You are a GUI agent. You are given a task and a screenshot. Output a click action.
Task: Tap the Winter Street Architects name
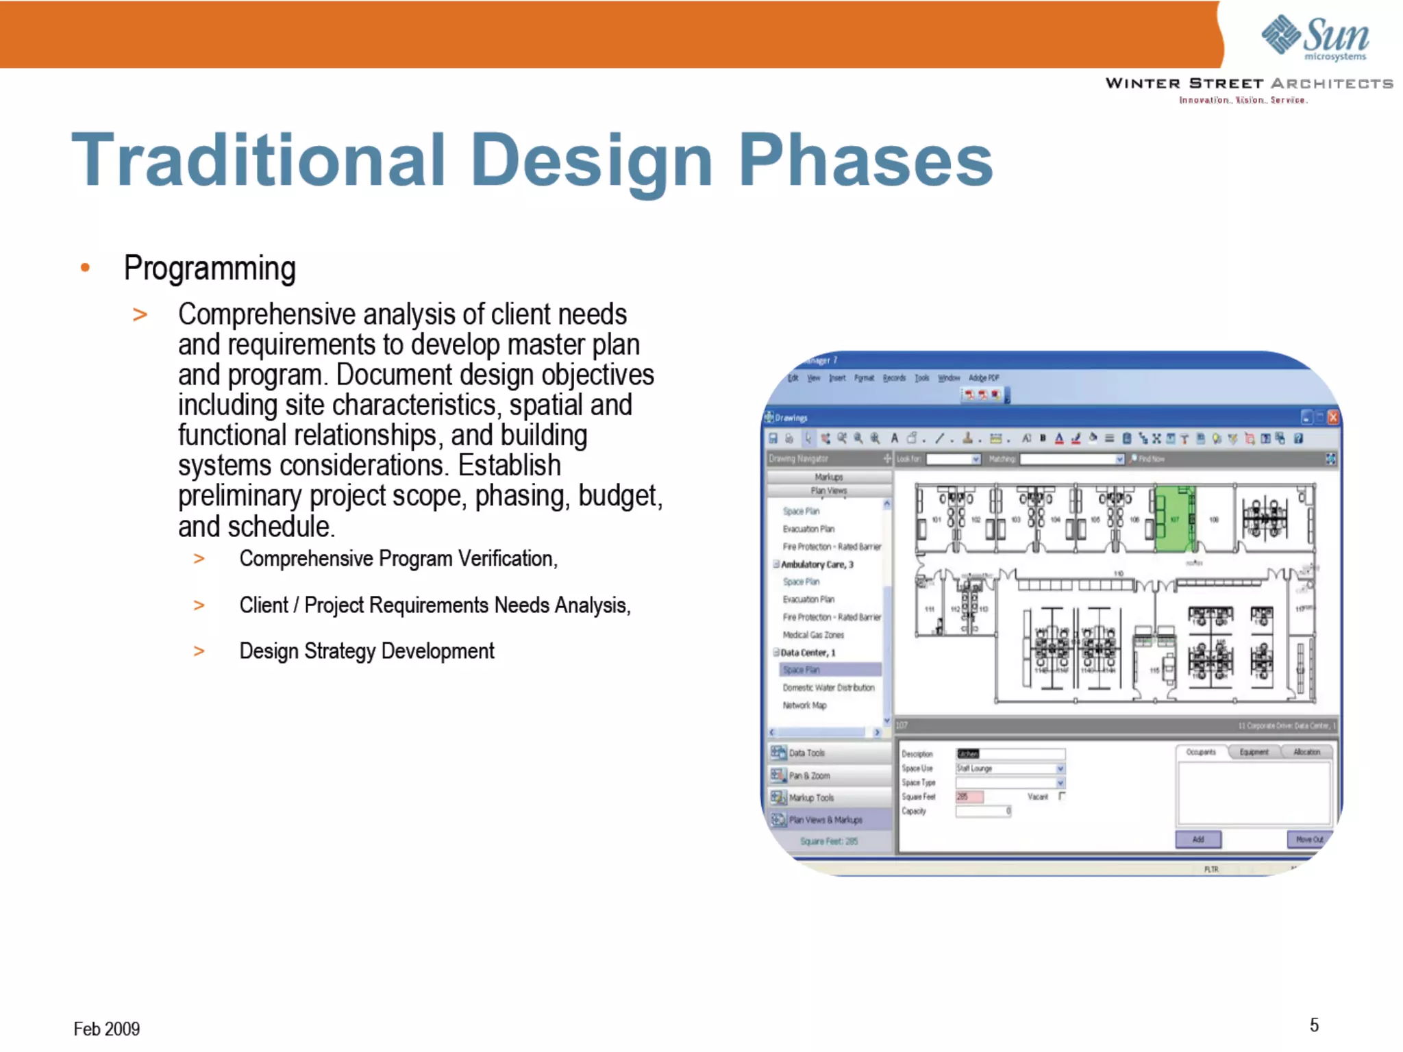(1248, 84)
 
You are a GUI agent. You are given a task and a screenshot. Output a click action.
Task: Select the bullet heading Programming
(210, 268)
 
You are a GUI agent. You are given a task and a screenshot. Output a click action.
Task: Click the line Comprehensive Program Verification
(398, 559)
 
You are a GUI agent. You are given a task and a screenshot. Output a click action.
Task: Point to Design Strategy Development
(367, 651)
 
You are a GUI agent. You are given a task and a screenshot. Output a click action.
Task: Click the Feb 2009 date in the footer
(106, 1029)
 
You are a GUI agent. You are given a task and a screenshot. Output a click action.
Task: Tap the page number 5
(1314, 1025)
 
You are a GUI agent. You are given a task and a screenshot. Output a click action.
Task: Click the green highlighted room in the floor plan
(1174, 518)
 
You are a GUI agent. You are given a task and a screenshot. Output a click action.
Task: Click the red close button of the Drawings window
(1332, 417)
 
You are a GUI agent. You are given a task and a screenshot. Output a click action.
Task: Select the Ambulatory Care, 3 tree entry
(817, 564)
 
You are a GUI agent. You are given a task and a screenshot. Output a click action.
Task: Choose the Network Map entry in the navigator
(804, 705)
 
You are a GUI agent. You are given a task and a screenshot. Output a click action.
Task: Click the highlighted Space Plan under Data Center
(801, 670)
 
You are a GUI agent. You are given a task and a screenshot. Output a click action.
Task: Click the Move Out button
(1309, 839)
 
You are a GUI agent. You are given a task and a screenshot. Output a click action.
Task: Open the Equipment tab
(1254, 752)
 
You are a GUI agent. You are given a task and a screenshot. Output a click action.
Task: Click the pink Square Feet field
(969, 797)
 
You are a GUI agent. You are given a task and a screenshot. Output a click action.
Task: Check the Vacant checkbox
(1062, 796)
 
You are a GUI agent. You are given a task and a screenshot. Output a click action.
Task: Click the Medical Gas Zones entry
(813, 635)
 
